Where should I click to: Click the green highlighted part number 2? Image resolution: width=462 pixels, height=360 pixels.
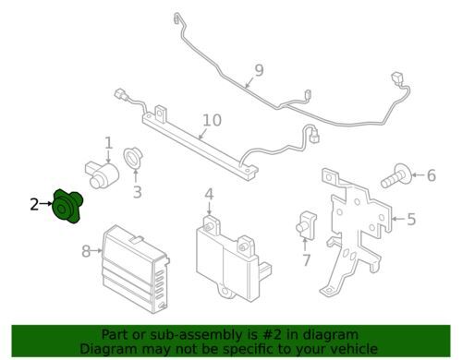[x=67, y=207]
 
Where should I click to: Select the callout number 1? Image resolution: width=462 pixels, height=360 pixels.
[x=108, y=143]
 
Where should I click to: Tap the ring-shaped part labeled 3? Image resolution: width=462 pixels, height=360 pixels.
[x=133, y=159]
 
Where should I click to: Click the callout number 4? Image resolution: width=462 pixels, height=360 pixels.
[x=209, y=195]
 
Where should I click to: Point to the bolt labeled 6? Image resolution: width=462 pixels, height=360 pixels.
[x=395, y=176]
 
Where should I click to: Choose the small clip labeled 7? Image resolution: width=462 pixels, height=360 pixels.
[x=306, y=224]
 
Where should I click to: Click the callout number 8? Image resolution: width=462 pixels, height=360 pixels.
[x=86, y=251]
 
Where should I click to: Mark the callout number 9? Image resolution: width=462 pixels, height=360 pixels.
[x=260, y=70]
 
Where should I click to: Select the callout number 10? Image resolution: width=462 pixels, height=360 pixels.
[x=213, y=120]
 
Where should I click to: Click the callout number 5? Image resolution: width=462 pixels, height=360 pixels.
[x=411, y=219]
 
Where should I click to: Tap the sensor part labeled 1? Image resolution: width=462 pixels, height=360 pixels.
[x=102, y=174]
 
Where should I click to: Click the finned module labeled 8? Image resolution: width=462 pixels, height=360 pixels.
[x=135, y=270]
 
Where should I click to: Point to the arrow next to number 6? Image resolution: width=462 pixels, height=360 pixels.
[x=418, y=175]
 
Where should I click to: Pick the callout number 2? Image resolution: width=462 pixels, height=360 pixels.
[x=34, y=204]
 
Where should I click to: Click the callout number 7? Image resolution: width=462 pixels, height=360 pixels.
[x=306, y=260]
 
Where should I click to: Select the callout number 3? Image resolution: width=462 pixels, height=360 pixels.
[x=137, y=192]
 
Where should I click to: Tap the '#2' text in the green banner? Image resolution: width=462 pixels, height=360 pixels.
[x=272, y=334]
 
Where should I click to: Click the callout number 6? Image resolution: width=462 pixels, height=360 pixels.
[x=432, y=175]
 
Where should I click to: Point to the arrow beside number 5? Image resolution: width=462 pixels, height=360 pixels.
[x=398, y=219]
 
